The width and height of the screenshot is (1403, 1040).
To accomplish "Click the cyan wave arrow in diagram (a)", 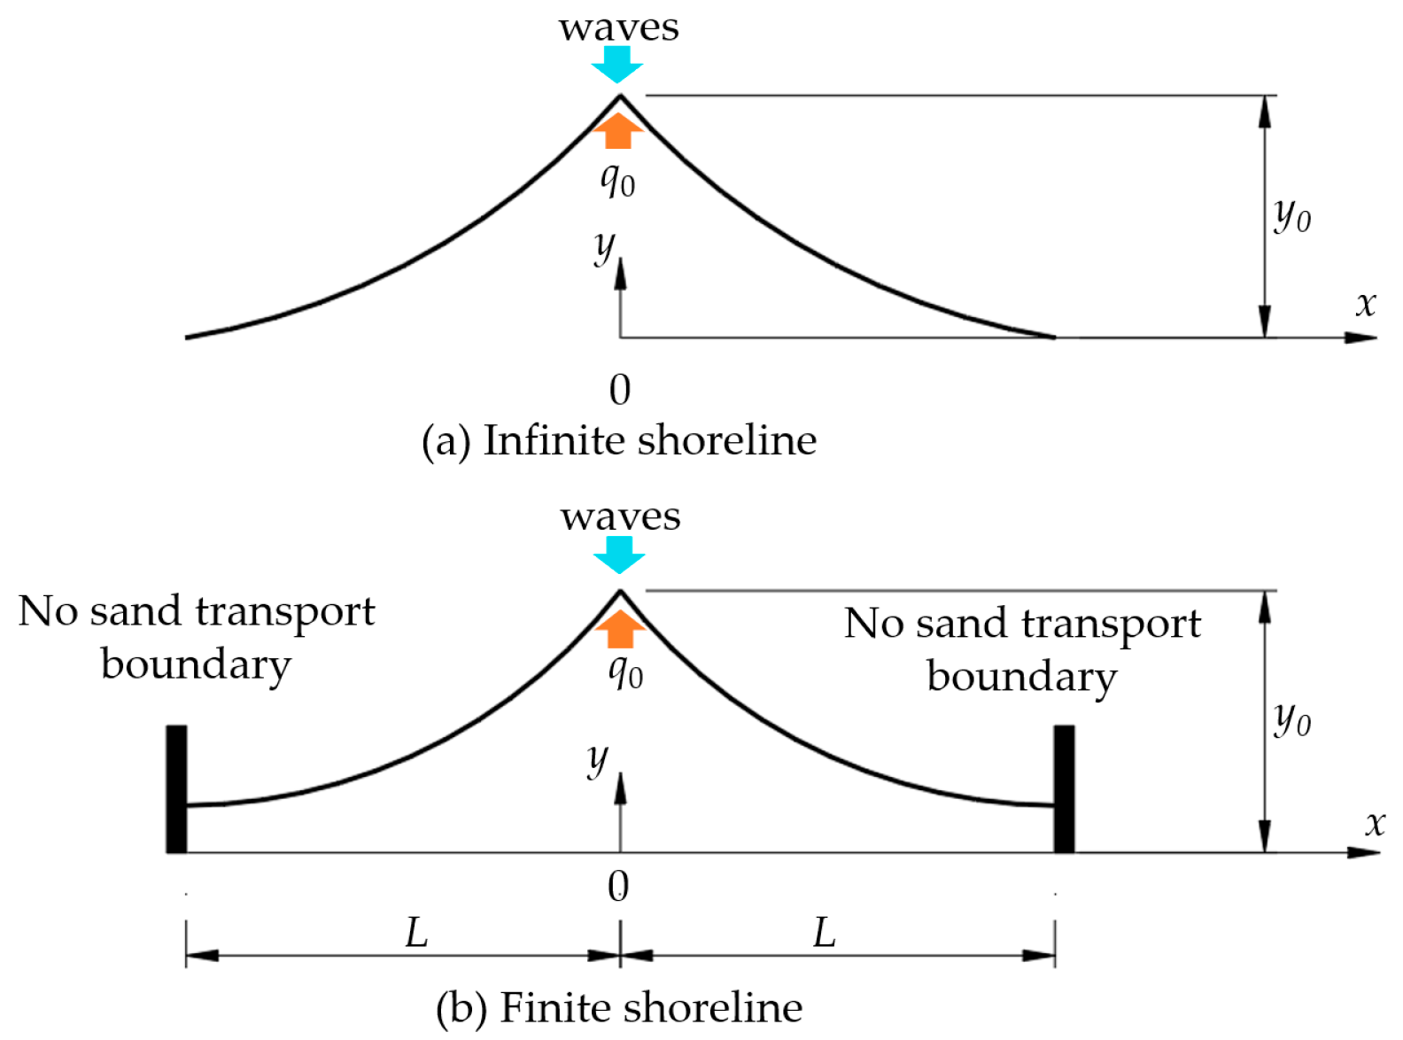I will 617,64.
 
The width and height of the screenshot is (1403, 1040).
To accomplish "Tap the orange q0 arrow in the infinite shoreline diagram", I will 618,131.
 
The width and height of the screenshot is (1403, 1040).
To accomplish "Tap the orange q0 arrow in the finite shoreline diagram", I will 620,629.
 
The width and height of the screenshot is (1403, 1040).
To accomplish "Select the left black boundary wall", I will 176,788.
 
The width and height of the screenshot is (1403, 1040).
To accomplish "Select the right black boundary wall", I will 1064,788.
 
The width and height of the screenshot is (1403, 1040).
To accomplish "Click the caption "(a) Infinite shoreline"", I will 619,440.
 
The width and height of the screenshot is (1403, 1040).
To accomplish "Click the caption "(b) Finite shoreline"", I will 619,1007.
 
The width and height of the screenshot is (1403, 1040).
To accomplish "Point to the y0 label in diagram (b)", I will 1292,718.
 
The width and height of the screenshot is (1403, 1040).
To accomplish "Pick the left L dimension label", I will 416,933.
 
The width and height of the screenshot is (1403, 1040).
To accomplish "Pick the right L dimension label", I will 825,933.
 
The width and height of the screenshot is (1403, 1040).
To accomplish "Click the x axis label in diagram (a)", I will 1366,304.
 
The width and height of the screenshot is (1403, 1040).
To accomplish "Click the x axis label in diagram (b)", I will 1375,824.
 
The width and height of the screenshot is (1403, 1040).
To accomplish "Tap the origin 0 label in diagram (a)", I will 620,390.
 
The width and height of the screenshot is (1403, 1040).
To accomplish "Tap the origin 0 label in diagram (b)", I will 619,887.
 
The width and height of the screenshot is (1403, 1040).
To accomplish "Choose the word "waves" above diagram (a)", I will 619,27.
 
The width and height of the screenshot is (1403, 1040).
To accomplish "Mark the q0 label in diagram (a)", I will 617,182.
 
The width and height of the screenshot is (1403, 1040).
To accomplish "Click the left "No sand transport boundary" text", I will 197,637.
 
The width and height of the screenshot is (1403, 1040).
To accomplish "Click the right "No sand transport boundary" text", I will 1022,649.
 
